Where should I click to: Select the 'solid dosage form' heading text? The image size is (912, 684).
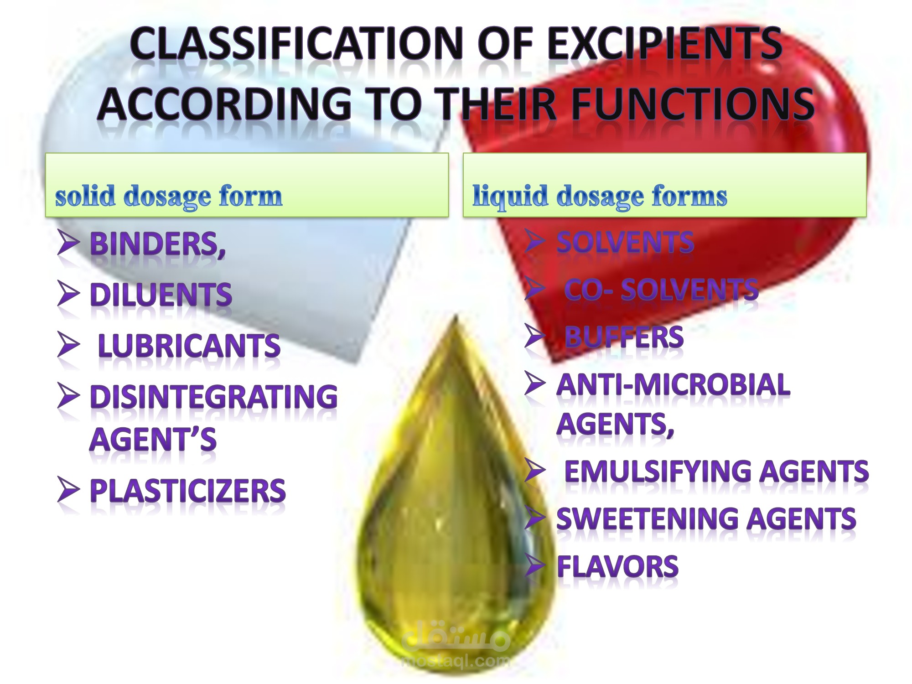click(x=169, y=197)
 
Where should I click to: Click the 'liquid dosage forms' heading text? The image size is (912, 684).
click(x=600, y=197)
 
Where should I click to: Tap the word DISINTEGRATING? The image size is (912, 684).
click(x=214, y=396)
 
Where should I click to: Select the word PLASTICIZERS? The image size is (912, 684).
click(x=188, y=491)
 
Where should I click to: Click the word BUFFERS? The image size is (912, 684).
click(x=624, y=337)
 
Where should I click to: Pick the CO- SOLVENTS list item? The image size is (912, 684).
click(x=661, y=290)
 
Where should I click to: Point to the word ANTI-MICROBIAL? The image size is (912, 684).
click(x=674, y=384)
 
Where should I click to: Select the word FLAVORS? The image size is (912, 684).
click(x=618, y=566)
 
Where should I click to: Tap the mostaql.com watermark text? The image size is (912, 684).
click(x=456, y=660)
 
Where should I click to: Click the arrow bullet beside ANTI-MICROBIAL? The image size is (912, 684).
click(x=535, y=383)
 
